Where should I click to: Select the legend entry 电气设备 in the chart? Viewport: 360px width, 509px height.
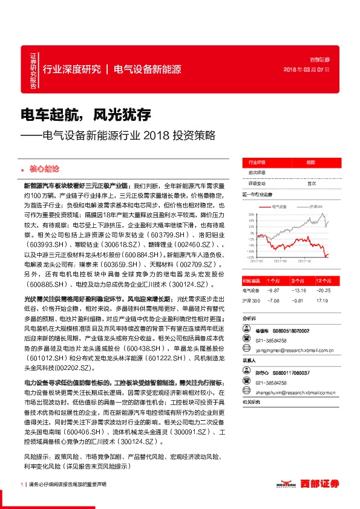pyautogui.click(x=279, y=207)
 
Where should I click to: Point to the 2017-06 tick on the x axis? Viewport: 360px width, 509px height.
pyautogui.click(x=280, y=261)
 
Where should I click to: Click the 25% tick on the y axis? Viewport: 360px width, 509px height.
pyautogui.click(x=250, y=215)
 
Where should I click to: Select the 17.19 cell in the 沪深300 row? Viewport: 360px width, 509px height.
pyautogui.click(x=322, y=300)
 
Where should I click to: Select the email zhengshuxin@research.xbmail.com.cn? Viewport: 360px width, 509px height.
pyautogui.click(x=289, y=392)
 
